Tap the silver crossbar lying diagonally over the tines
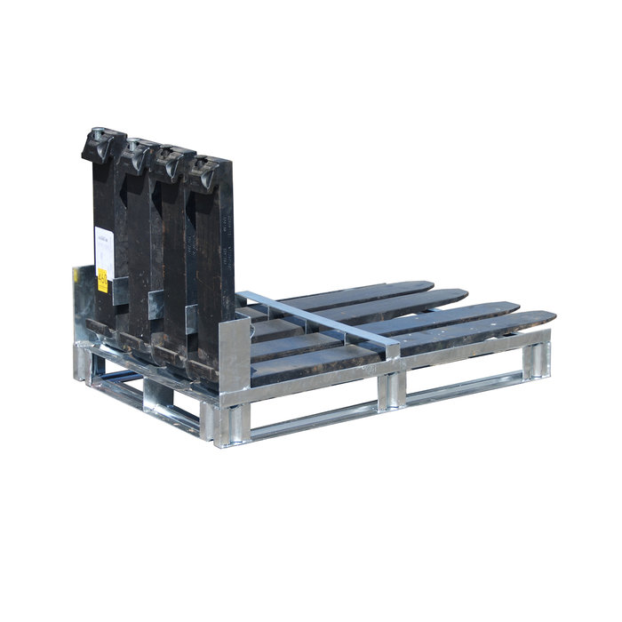click(x=320, y=317)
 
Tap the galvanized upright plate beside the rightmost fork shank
click(x=234, y=355)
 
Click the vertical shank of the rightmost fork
click(x=214, y=267)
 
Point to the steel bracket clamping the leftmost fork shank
click(x=156, y=302)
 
